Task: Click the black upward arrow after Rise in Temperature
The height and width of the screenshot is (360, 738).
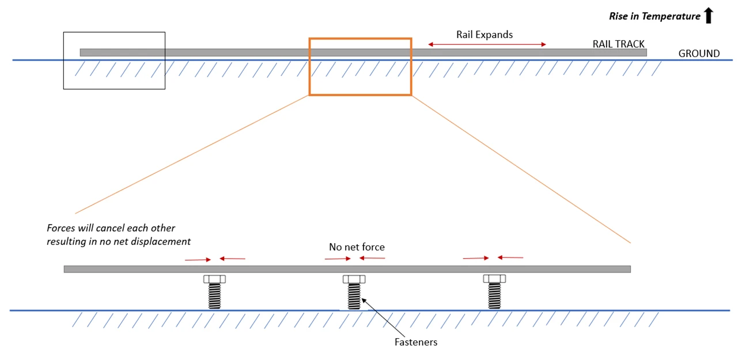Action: click(709, 16)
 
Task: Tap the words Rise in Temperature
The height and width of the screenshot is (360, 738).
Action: click(654, 17)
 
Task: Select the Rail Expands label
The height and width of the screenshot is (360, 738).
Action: click(484, 35)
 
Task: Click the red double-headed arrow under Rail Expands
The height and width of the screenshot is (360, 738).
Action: click(487, 44)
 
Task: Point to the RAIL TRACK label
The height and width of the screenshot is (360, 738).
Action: click(618, 44)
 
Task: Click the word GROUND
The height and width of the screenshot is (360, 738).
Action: click(699, 54)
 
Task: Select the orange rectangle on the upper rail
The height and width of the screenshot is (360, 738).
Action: click(360, 39)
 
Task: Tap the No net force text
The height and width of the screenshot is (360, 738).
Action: click(357, 247)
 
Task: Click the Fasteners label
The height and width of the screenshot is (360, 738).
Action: click(415, 342)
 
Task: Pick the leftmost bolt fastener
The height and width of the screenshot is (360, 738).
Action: click(214, 292)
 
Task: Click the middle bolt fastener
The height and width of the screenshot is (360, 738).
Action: click(354, 292)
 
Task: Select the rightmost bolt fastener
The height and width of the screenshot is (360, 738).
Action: click(494, 292)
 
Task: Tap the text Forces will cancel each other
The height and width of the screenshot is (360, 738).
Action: click(111, 228)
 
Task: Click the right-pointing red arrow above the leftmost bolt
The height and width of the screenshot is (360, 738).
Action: click(197, 260)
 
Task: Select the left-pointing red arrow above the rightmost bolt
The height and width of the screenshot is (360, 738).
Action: click(510, 257)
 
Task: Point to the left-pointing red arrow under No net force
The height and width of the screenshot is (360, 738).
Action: click(372, 258)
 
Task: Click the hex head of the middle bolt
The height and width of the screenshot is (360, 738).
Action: click(354, 279)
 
